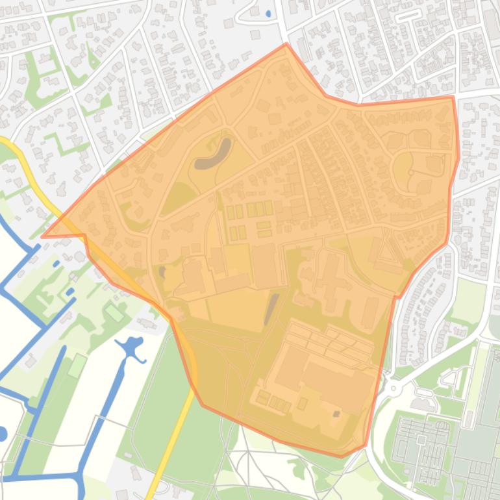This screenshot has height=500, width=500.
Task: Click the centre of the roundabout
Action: (393, 388)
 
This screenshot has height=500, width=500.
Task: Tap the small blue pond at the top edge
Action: (269, 13)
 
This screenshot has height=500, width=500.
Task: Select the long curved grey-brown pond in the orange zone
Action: (215, 154)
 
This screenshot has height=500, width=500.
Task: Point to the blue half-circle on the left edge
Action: (2, 434)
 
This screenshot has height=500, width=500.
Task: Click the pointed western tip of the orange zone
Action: (43, 236)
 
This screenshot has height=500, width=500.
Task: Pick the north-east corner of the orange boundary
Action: (453, 97)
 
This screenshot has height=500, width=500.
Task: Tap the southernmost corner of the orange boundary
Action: (342, 456)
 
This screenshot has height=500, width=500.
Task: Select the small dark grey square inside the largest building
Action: (336, 414)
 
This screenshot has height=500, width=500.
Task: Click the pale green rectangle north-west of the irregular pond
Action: (114, 312)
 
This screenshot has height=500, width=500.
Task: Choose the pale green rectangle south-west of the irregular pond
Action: (77, 366)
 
